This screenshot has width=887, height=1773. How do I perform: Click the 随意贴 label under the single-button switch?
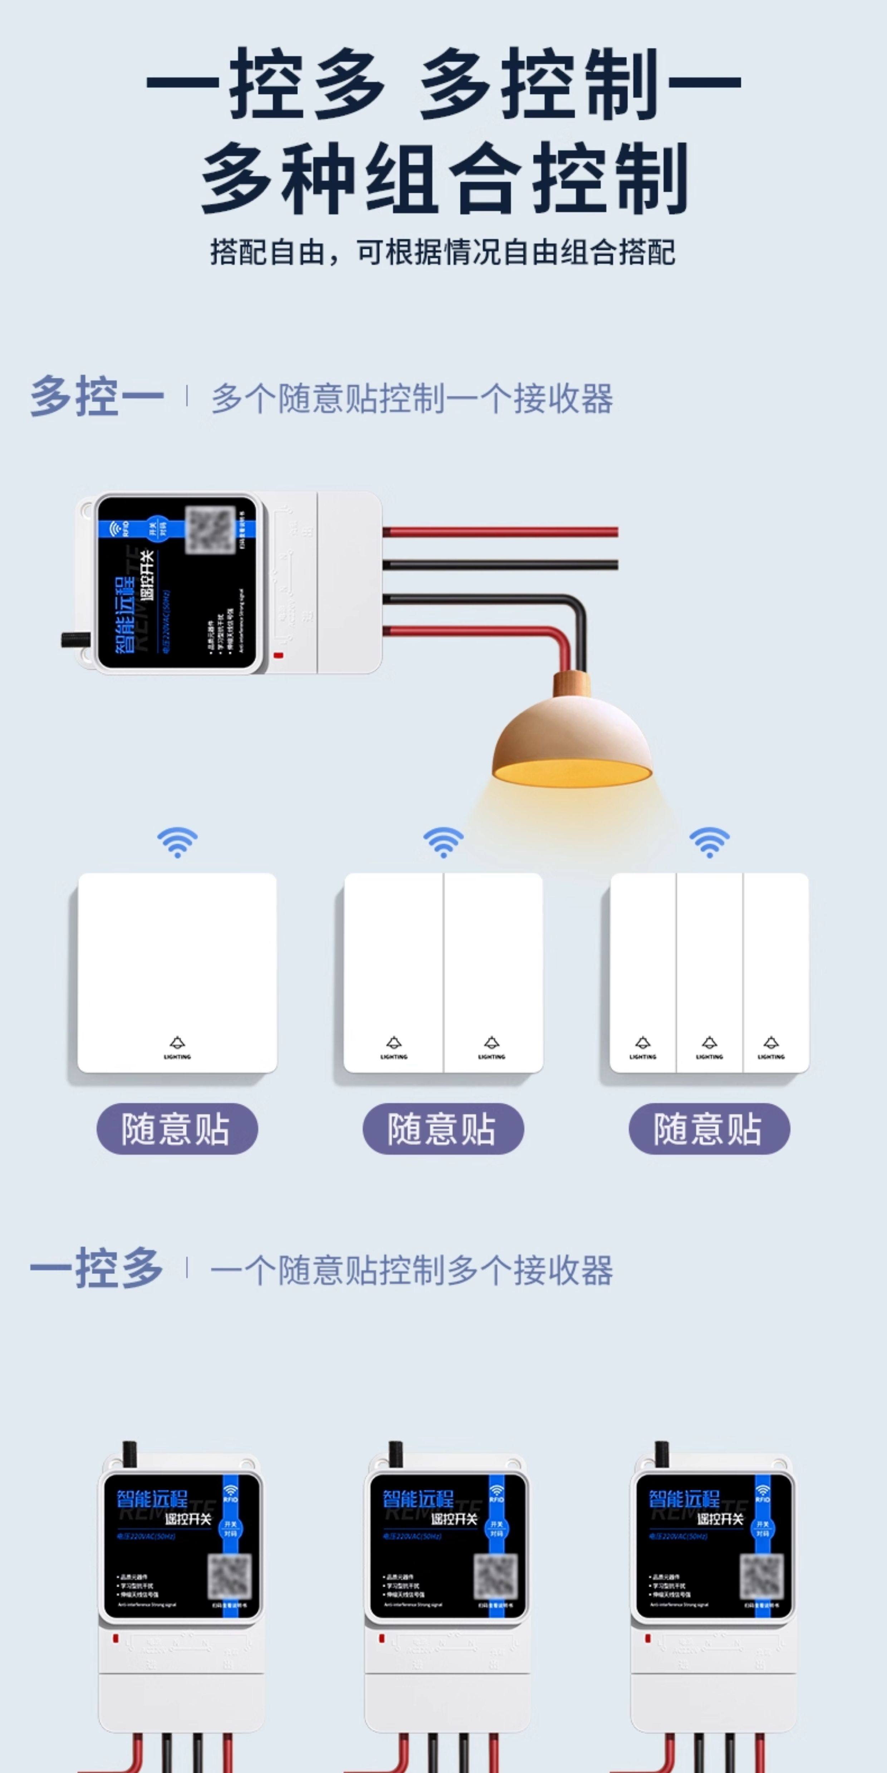click(x=177, y=1129)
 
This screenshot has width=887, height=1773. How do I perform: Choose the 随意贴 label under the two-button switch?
click(x=443, y=1129)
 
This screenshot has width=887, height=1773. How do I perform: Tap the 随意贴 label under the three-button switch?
click(x=709, y=1129)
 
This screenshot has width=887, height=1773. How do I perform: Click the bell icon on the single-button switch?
click(x=177, y=1043)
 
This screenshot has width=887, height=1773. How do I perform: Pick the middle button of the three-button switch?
click(x=709, y=971)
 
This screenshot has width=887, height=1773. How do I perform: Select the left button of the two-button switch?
click(x=393, y=971)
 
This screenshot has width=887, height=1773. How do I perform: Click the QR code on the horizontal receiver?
click(x=211, y=530)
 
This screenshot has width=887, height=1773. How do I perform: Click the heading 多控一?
click(x=97, y=397)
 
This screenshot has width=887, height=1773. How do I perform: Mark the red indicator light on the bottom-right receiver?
click(x=647, y=1639)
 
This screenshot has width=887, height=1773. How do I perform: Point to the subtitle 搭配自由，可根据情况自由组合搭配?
click(x=443, y=253)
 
